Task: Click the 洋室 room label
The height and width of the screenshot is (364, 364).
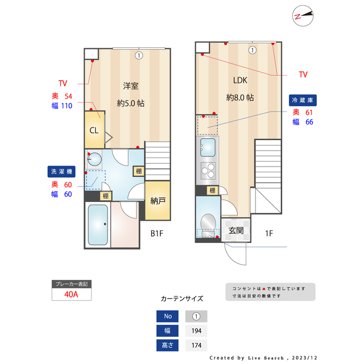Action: pos(131,86)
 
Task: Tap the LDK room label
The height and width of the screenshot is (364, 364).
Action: pos(239,80)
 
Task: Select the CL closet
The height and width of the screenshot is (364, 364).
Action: pos(94,130)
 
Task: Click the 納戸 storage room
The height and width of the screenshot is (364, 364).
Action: pos(158,201)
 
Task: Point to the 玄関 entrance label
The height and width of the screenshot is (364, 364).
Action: pos(236,230)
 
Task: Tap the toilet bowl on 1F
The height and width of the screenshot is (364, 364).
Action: pos(208,222)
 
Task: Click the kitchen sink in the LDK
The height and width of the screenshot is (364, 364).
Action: pos(208,146)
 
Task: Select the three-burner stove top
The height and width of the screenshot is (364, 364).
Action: pos(208,170)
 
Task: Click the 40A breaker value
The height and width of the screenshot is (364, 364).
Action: pos(71,295)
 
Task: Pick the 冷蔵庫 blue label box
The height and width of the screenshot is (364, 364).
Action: pos(303,100)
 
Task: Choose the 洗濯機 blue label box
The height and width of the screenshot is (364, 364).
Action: pos(61,171)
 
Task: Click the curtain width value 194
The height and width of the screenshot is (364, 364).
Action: pos(196,331)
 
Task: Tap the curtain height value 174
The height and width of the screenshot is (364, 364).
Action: pos(196,345)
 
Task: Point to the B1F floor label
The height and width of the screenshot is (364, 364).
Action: pos(157,233)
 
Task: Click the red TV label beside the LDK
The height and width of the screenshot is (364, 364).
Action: pos(303,75)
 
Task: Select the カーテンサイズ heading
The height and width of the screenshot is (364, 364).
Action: pos(182,299)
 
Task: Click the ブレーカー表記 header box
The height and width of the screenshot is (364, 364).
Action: pos(71,283)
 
